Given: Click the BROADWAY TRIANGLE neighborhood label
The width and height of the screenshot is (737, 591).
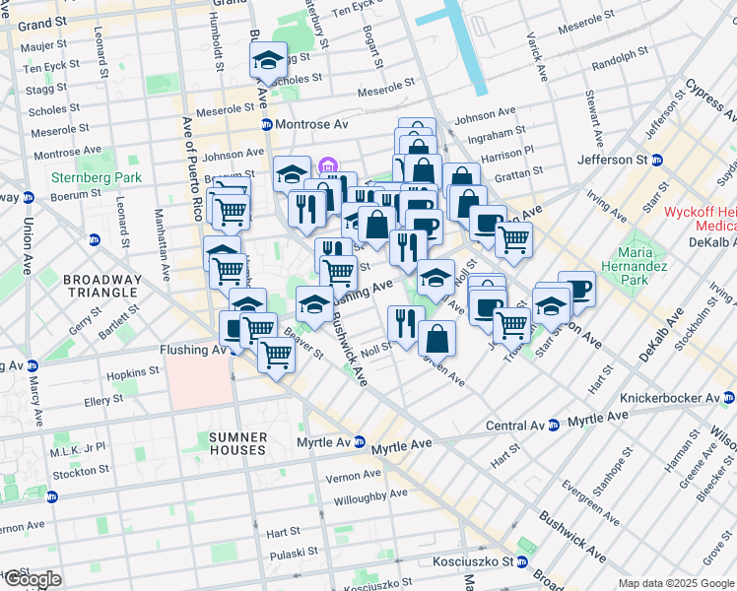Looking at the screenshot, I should tap(103, 286).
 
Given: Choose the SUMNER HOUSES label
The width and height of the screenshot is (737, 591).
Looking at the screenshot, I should tap(236, 442).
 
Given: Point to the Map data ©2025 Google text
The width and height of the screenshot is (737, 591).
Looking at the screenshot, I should tap(676, 583).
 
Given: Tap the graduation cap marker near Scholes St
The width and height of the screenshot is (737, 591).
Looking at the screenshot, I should tap(268, 61).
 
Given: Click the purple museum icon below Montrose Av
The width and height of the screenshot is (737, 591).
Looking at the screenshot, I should tap(328, 165).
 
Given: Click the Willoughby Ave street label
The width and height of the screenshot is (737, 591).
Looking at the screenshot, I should tap(371, 493).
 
